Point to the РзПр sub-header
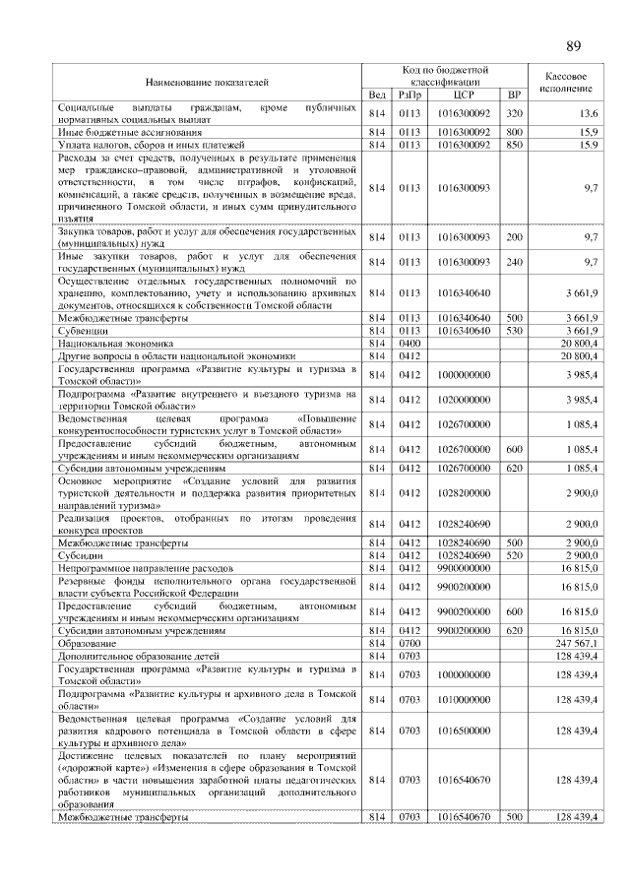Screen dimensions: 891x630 (x=408, y=95)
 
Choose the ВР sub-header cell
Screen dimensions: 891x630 (x=513, y=95)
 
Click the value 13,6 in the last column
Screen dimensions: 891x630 (x=589, y=114)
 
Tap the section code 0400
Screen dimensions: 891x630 (x=408, y=343)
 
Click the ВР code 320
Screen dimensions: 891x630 (x=513, y=114)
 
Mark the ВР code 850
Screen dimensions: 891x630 (x=513, y=145)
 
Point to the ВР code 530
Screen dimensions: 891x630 (x=513, y=331)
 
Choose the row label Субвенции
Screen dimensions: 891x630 (x=83, y=331)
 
